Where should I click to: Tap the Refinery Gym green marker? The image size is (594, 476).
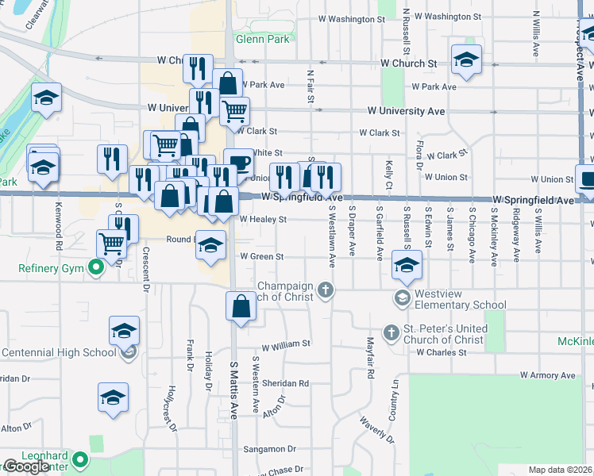[97, 267]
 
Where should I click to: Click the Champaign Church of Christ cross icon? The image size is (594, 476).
[325, 290]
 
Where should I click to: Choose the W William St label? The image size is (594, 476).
[286, 344]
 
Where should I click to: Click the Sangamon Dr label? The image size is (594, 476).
[268, 448]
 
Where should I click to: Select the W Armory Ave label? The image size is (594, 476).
[552, 374]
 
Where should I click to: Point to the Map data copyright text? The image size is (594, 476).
[560, 470]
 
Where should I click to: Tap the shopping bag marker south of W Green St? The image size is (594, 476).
[241, 305]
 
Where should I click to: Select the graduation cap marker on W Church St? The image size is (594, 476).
[466, 59]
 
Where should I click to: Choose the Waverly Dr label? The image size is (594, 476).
[376, 428]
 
